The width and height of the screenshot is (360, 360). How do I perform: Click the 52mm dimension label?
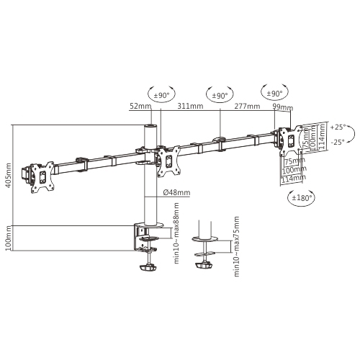140,107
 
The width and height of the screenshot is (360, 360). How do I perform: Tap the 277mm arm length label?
247,107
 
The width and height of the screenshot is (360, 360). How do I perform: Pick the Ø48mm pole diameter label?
176,192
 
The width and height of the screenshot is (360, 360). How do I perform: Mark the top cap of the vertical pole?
151,127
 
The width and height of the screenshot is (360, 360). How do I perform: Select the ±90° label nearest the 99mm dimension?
274,94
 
